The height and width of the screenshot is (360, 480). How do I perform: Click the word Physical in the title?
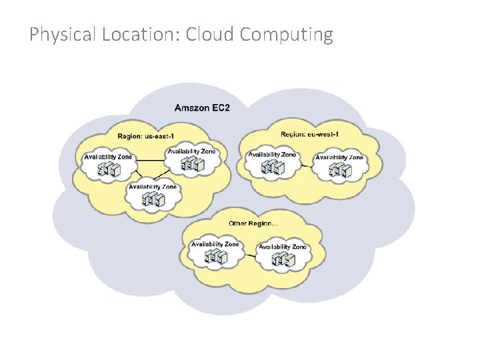coord(63,35)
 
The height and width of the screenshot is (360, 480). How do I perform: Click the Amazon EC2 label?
coord(202,107)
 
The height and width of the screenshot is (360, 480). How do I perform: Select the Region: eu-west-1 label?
coord(310,135)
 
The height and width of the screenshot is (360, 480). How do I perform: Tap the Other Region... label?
coord(253,223)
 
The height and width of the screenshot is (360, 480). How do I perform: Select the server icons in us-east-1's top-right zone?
coord(192,163)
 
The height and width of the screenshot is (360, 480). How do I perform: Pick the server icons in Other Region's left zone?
coord(215,257)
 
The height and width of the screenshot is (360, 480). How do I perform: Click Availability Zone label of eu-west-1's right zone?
coord(339,158)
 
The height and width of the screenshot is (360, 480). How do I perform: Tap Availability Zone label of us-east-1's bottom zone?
coord(153,187)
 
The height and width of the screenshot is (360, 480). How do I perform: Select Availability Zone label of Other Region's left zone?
coord(215,245)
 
